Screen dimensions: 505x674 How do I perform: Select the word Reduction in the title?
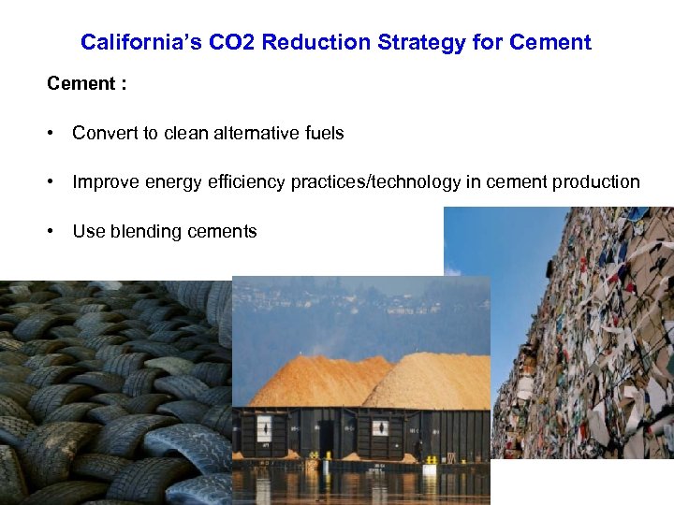tap(314, 42)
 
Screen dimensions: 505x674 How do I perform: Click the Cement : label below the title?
tap(87, 84)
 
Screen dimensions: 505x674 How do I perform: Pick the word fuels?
tap(325, 133)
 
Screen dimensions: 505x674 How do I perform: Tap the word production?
tap(595, 182)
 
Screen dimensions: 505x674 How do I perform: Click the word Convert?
tap(104, 133)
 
